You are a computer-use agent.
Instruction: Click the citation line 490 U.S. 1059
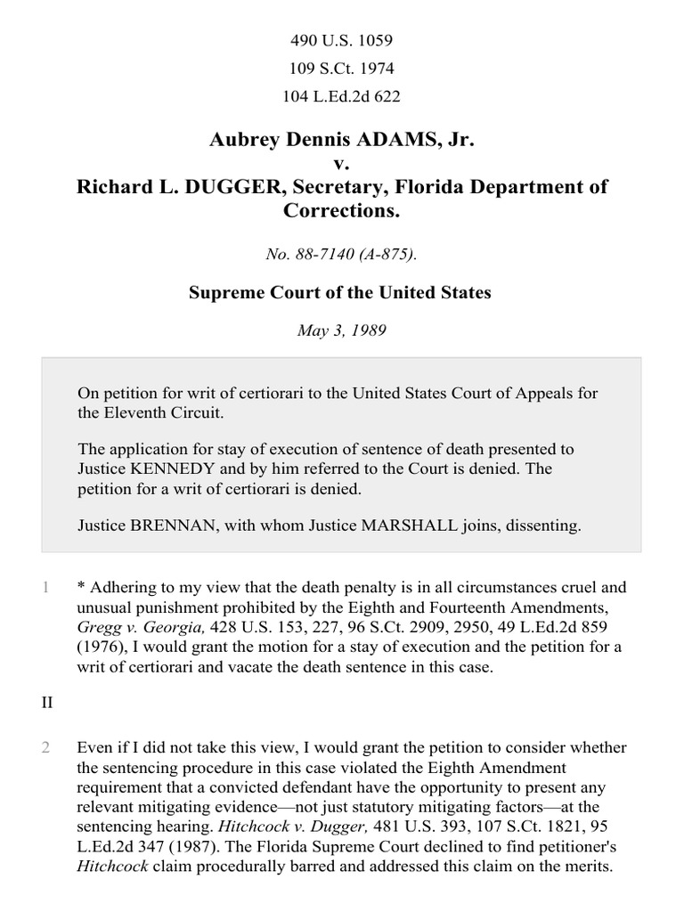click(342, 40)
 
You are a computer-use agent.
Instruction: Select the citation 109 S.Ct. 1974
click(342, 68)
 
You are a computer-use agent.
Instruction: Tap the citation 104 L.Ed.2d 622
click(342, 96)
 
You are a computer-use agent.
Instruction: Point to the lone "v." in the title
click(342, 163)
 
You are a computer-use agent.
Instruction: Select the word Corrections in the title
click(342, 211)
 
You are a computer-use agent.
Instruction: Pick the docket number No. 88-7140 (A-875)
click(342, 254)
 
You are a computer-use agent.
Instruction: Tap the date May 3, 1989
click(342, 330)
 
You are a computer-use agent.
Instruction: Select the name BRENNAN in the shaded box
click(168, 525)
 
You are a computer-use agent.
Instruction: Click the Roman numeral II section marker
click(45, 703)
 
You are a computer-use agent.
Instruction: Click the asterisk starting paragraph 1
click(81, 588)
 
